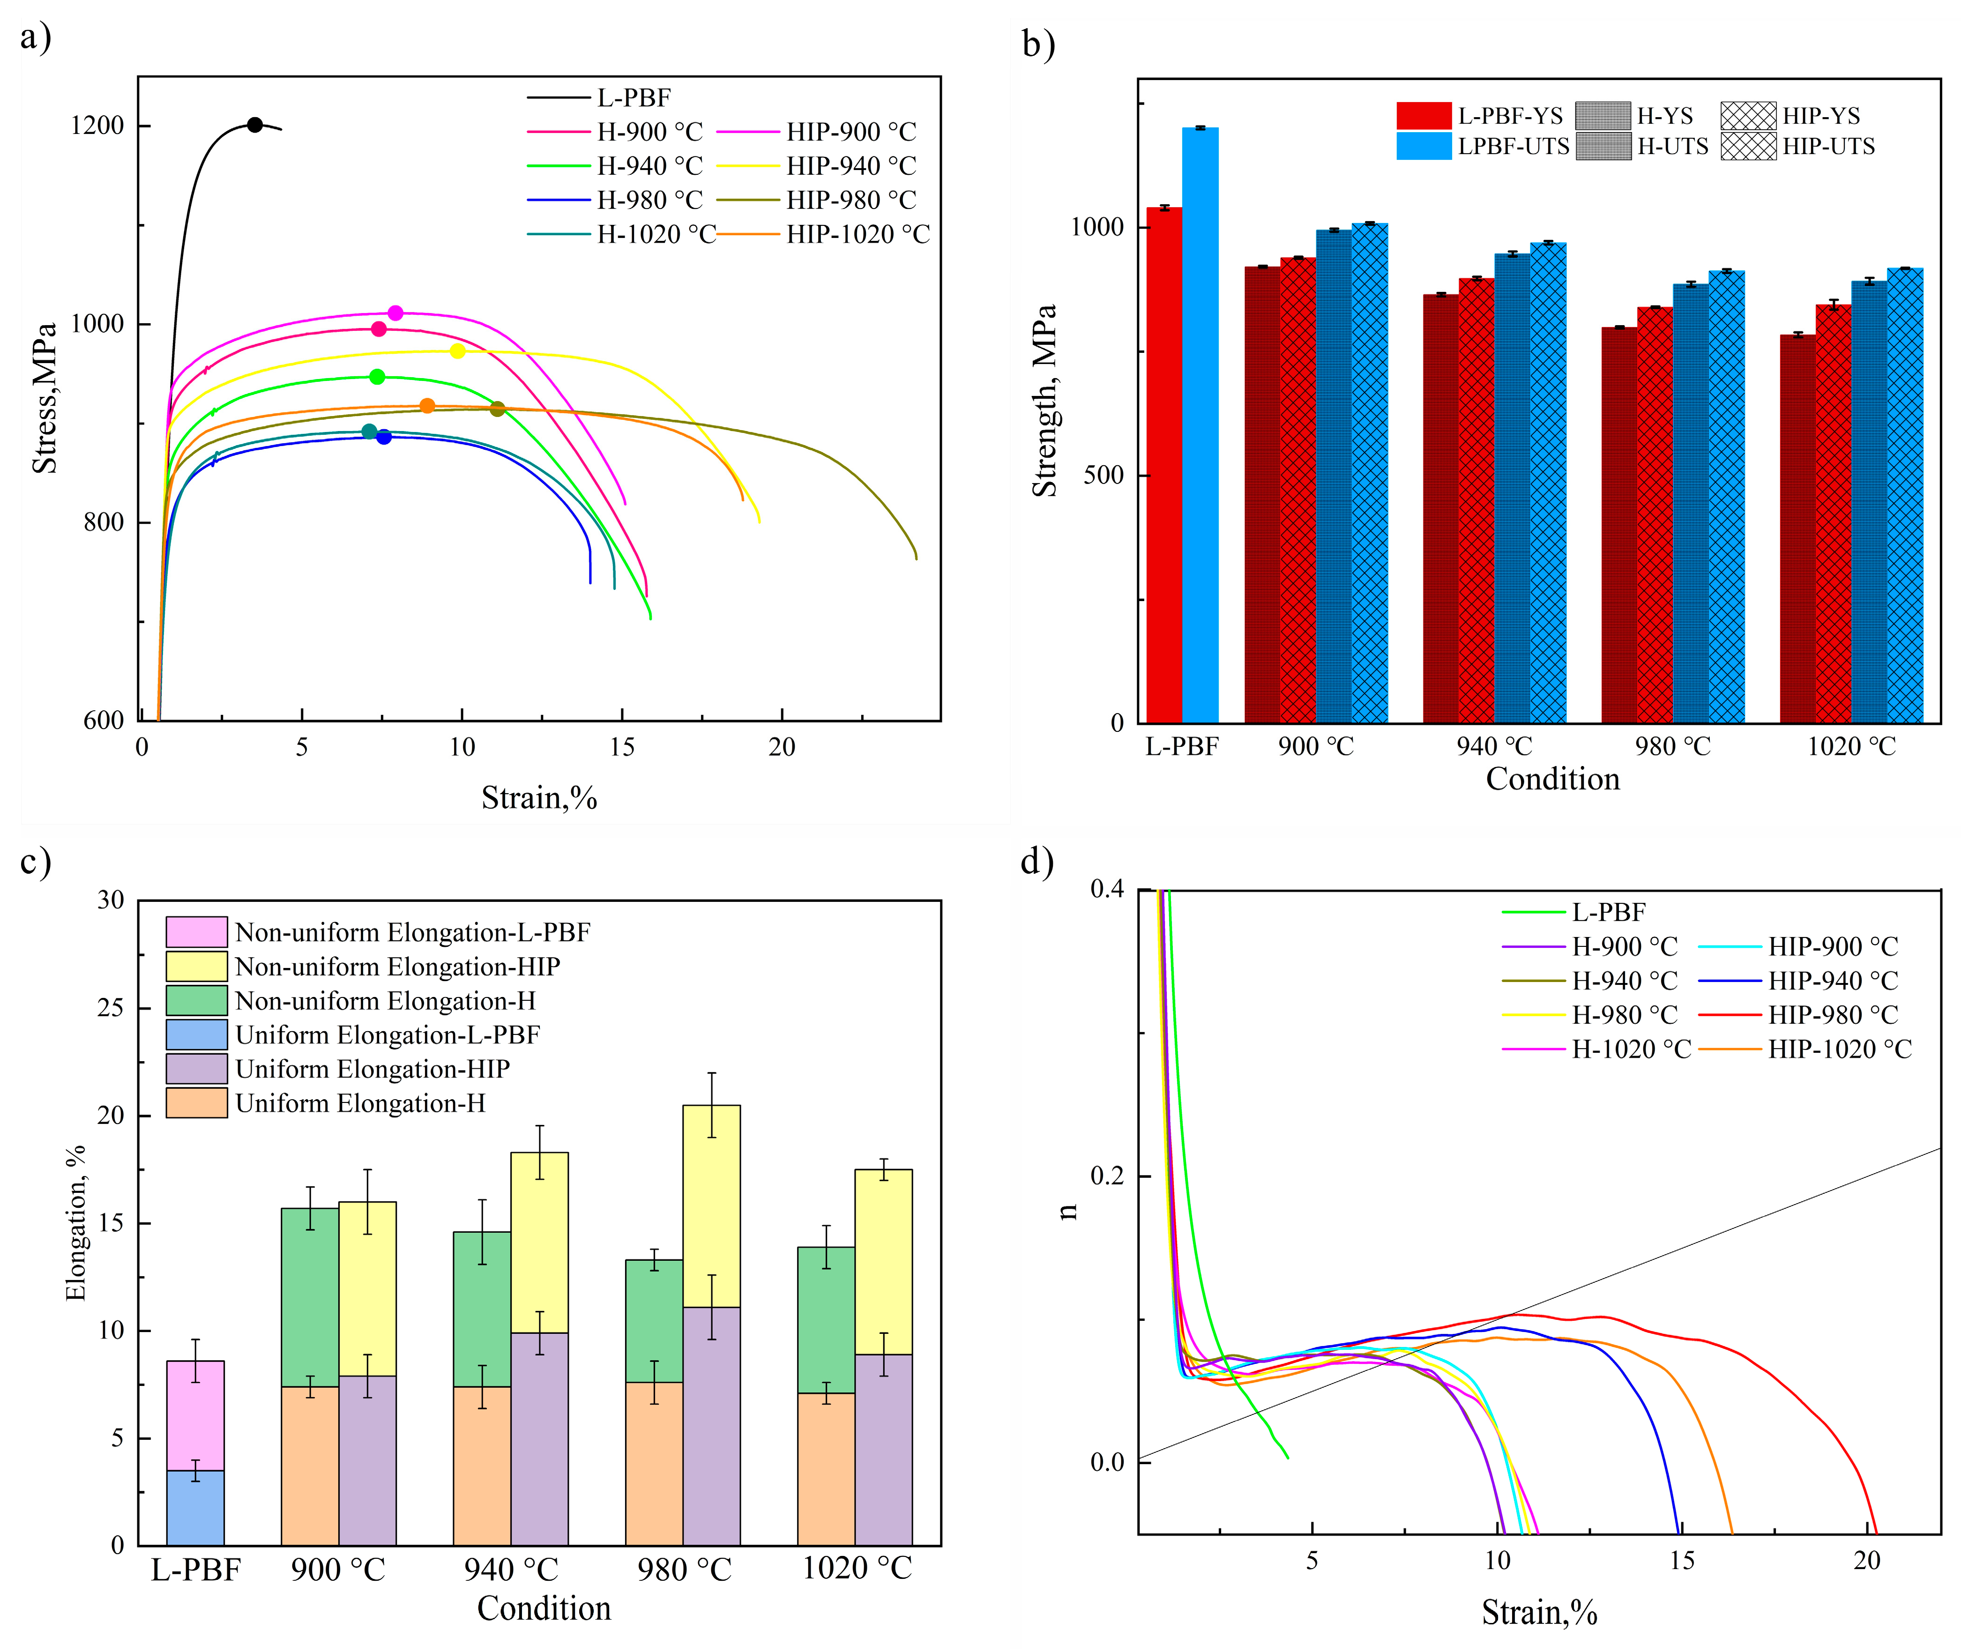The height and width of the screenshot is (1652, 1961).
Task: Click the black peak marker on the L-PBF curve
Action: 255,125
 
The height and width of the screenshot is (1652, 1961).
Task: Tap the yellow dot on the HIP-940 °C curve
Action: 457,351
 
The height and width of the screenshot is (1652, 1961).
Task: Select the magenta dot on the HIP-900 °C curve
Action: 395,313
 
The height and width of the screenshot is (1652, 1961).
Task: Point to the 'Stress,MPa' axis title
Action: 44,398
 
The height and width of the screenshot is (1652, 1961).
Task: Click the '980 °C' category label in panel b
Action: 1672,746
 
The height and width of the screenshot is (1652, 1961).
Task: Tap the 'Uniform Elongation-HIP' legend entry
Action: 372,1070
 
